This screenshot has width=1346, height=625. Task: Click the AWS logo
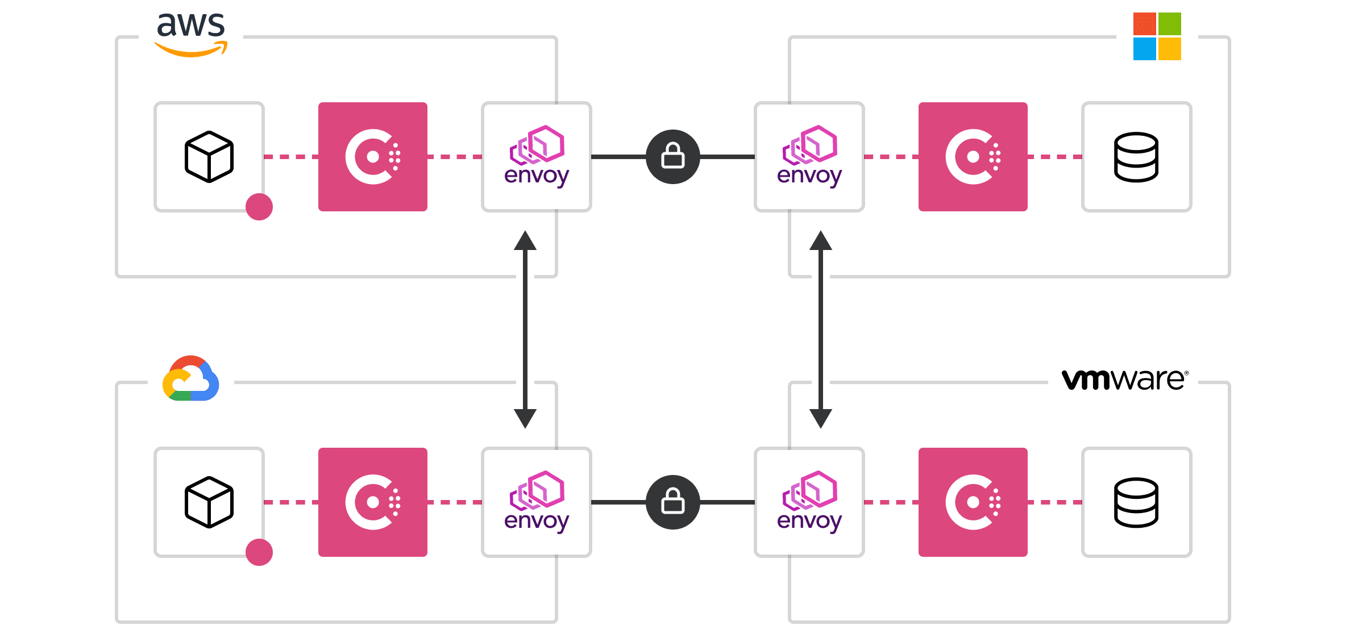(191, 34)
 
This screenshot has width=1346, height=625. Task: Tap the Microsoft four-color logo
(1157, 36)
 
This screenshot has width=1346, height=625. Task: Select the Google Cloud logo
(191, 379)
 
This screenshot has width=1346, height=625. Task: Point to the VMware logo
(1124, 380)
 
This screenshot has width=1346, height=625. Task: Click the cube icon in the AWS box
(209, 157)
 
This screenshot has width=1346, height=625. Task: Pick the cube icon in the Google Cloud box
(209, 502)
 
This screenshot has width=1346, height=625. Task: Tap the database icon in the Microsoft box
(1136, 157)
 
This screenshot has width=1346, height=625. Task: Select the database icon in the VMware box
(1136, 502)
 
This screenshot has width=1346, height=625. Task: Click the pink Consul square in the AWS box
(373, 157)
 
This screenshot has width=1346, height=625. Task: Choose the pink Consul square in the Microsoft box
(973, 157)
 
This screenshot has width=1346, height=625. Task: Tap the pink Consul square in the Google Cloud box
(373, 502)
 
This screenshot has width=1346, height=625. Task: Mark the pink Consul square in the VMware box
(973, 502)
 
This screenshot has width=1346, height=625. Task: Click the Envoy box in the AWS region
(537, 157)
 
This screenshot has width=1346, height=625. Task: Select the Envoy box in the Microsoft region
(809, 157)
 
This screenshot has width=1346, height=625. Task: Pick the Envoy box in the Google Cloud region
(537, 502)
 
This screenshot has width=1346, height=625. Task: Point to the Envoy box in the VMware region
(809, 502)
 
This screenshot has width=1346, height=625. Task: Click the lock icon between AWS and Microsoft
(673, 157)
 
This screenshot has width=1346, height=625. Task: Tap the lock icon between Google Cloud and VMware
(673, 502)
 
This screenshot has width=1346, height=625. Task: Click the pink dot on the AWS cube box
(259, 207)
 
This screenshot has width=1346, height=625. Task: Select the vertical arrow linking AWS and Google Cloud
(525, 330)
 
